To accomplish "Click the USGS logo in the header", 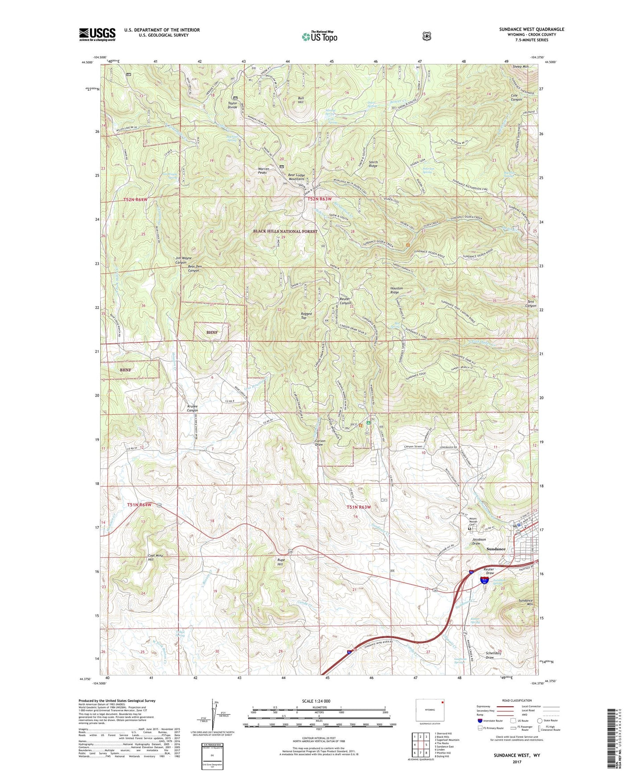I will [97, 34].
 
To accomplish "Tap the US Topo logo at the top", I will [319, 37].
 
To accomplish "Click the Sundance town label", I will [496, 549].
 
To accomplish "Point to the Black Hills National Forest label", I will [285, 231].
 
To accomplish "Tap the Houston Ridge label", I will [396, 290].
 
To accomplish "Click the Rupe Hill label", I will [280, 562].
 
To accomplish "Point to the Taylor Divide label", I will [233, 105].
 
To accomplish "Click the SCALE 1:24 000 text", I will [316, 701].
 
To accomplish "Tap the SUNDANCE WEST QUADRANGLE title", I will [531, 29].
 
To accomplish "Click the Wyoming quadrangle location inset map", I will [430, 710].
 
